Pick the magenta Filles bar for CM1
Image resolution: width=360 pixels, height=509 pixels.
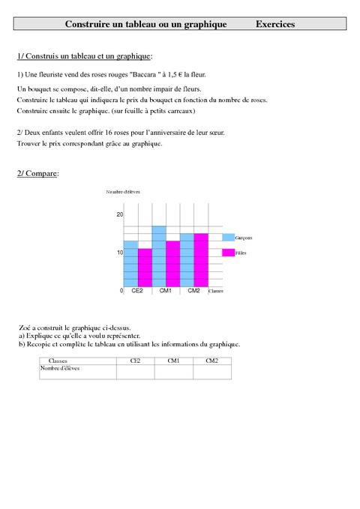click(173, 264)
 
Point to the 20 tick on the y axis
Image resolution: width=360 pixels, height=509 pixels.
click(119, 214)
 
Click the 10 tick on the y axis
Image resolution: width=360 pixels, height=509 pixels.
click(119, 253)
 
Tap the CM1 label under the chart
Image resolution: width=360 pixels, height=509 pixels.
click(166, 291)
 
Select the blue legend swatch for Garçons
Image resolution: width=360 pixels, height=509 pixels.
click(228, 237)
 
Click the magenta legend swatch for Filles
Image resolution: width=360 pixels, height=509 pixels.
click(228, 253)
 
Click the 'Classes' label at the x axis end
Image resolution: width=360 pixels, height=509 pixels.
click(216, 292)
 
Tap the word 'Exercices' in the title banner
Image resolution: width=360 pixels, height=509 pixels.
click(274, 25)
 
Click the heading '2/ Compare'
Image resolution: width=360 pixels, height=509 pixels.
click(37, 174)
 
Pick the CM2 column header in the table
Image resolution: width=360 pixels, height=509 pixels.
click(211, 361)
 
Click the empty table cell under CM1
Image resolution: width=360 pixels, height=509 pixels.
click(173, 371)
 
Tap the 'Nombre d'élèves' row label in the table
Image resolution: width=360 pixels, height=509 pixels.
click(59, 368)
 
